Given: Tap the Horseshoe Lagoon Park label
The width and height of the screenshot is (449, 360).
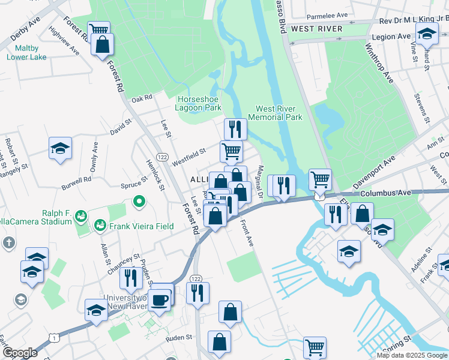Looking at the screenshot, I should coord(198,103).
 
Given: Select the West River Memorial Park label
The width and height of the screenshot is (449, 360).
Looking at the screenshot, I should coord(279,113).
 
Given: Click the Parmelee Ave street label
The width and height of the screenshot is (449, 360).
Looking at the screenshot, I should coord(327,16).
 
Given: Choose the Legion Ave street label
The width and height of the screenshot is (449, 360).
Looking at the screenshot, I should coord(391,37).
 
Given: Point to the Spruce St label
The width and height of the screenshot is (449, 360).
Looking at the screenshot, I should coord(134,182).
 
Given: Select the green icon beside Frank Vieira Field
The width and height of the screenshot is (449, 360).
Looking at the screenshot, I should coord(99,226).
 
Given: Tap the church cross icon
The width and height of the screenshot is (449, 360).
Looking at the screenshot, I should coord(8,243).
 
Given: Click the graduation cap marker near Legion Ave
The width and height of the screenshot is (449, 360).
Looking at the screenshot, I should coord(427,34).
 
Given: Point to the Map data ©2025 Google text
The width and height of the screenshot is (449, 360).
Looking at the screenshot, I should coord(411,355).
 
